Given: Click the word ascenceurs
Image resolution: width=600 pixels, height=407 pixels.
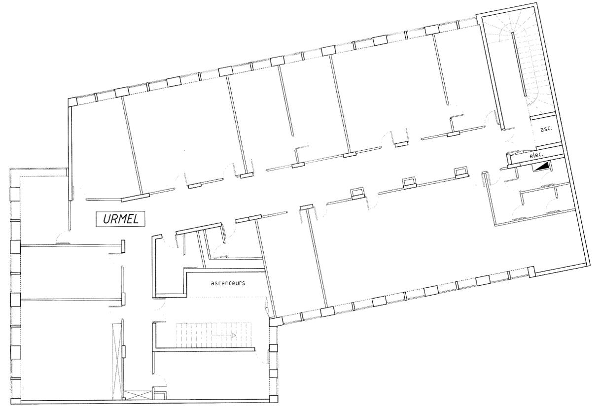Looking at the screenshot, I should [x=228, y=283].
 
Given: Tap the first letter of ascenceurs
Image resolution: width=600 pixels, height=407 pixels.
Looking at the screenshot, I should [x=212, y=283].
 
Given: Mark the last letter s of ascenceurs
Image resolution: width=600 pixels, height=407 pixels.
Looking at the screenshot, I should [x=244, y=283].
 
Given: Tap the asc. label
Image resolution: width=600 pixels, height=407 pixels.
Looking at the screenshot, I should [x=546, y=129].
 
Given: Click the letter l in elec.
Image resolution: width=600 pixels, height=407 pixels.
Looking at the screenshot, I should [x=534, y=155].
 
